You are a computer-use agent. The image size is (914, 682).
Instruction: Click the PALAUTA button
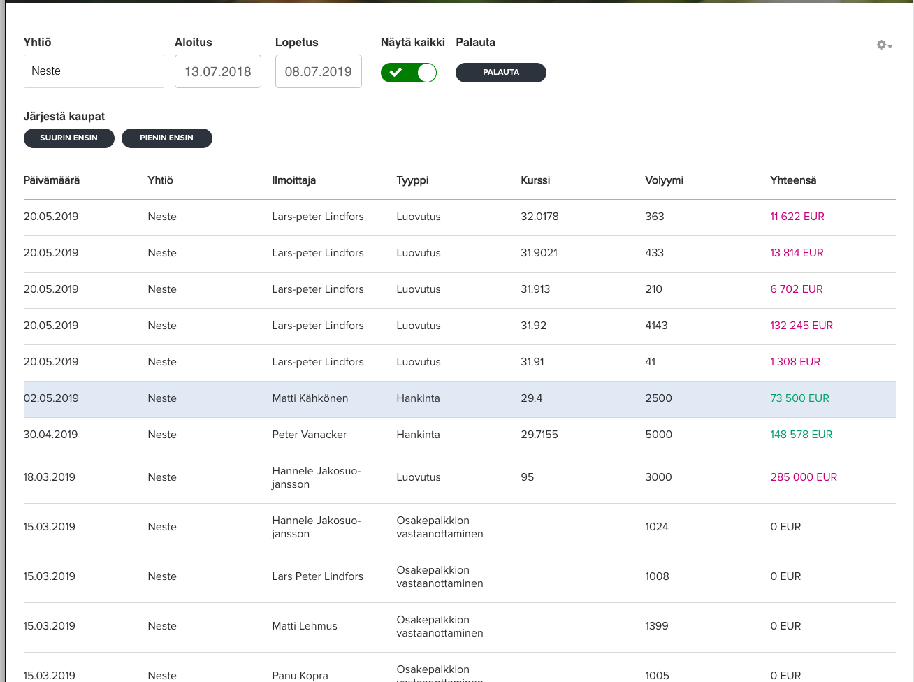tap(500, 73)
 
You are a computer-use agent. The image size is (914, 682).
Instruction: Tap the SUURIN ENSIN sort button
tap(68, 138)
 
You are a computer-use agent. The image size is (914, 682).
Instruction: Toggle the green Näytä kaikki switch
tap(409, 73)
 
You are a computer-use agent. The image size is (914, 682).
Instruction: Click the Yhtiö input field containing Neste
tap(94, 71)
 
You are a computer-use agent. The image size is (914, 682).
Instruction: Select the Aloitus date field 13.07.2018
tap(218, 71)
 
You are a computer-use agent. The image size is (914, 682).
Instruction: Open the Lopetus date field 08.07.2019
tap(318, 71)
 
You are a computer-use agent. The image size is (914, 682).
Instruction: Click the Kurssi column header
tap(535, 180)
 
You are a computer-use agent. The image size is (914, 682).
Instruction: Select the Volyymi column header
tap(664, 180)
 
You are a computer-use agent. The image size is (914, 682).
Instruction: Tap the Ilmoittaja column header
tap(294, 180)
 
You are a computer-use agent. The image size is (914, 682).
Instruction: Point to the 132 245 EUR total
tap(801, 326)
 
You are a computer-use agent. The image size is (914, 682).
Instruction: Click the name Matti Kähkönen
tap(310, 398)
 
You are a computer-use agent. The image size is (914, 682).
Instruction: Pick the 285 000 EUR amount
tap(803, 477)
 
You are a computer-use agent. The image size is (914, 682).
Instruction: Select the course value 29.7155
tap(539, 435)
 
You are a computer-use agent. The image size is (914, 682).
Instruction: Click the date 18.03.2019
tap(49, 477)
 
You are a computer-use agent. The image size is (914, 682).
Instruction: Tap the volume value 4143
tap(656, 326)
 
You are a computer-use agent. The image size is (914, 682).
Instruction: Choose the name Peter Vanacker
tap(309, 435)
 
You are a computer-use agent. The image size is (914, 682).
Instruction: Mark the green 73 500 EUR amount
tap(799, 398)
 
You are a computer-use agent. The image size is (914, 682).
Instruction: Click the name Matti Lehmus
tap(305, 626)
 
